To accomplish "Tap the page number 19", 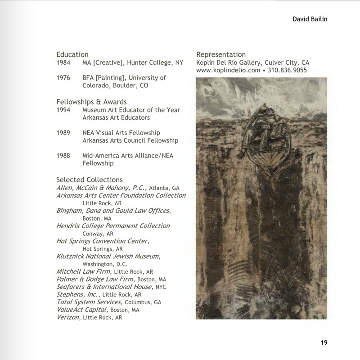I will [324, 343].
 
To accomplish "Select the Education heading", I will [72, 54].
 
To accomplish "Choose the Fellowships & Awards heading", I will [91, 101].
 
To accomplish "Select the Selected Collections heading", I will [89, 180].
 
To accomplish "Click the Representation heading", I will [221, 54].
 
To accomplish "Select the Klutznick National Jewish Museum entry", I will [108, 256].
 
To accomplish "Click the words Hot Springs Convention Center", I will [102, 241].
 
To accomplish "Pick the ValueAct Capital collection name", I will [82, 310].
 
